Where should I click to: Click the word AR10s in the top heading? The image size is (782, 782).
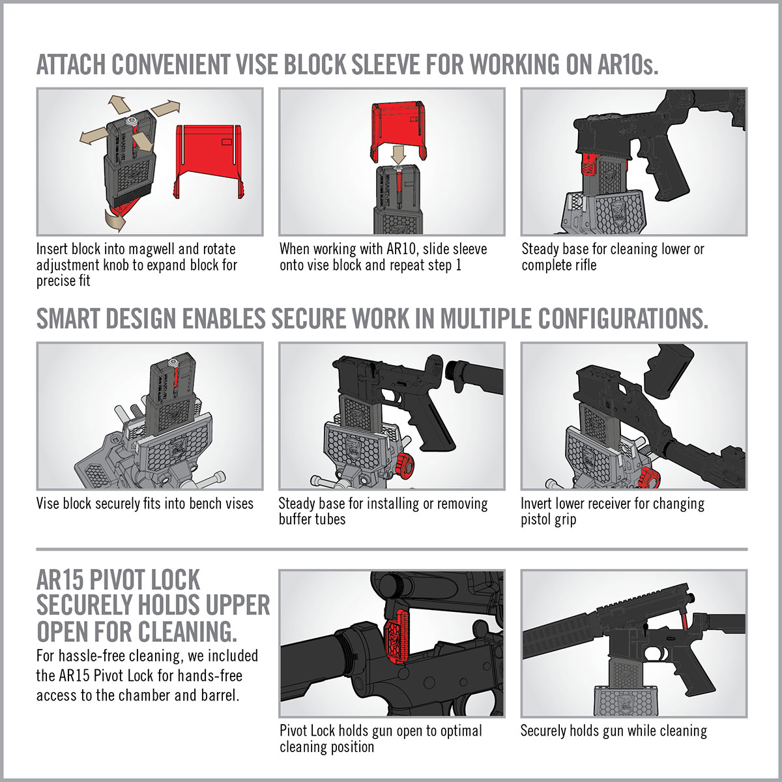[x=627, y=65]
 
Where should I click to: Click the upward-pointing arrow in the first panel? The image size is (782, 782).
[x=117, y=104]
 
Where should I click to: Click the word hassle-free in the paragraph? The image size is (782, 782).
[x=93, y=656]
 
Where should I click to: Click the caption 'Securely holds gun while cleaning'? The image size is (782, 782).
[x=613, y=731]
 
